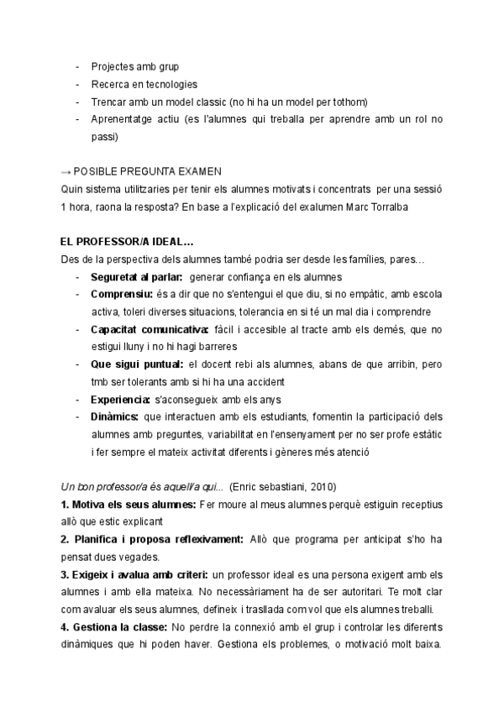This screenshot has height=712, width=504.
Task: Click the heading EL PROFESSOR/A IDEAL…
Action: (x=128, y=242)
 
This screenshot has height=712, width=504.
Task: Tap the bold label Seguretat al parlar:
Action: (x=137, y=277)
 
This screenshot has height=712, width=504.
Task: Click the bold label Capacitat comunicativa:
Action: (x=150, y=329)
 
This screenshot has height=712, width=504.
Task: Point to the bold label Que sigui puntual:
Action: (x=134, y=364)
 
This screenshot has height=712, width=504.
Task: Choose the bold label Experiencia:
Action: (x=120, y=400)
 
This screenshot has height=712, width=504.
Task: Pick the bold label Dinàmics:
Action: (x=115, y=417)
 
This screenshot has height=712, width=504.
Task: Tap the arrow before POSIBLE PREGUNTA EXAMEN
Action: (x=68, y=170)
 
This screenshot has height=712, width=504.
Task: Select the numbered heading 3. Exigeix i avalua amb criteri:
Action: (x=134, y=575)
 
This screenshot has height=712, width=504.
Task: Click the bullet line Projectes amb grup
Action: (x=134, y=66)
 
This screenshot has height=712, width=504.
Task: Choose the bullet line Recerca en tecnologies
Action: (x=144, y=84)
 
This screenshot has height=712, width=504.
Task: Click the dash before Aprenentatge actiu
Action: (x=78, y=118)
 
